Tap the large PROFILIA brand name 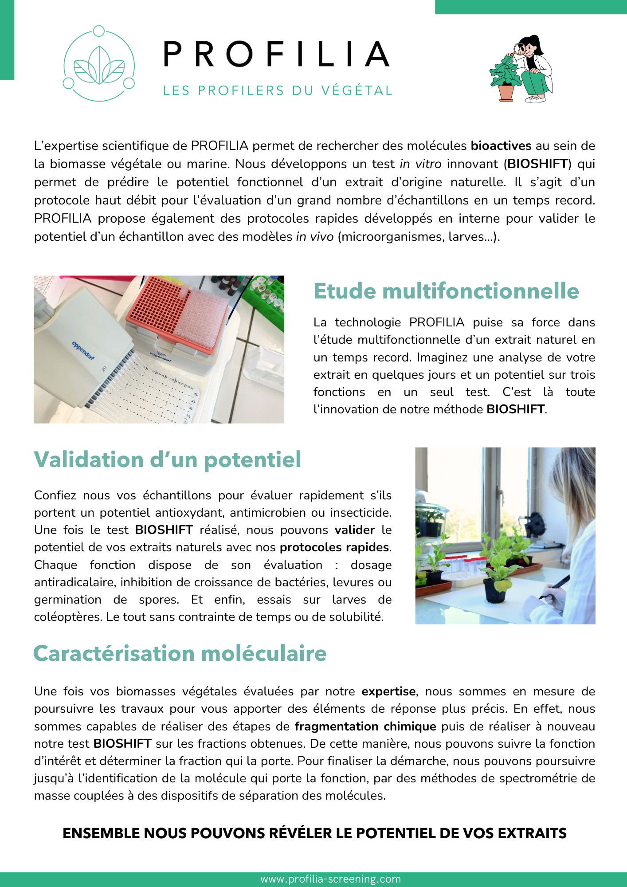tap(276, 54)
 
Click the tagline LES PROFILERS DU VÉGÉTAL tap(278, 90)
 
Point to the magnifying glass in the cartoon tap(518, 49)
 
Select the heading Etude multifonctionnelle tap(446, 291)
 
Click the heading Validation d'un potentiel tap(168, 459)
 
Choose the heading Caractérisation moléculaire tap(180, 654)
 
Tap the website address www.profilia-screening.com tap(331, 879)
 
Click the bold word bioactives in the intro tap(501, 146)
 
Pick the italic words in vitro tap(420, 164)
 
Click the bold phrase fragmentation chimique tap(365, 726)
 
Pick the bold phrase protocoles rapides tap(334, 547)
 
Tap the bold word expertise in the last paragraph tap(388, 691)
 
